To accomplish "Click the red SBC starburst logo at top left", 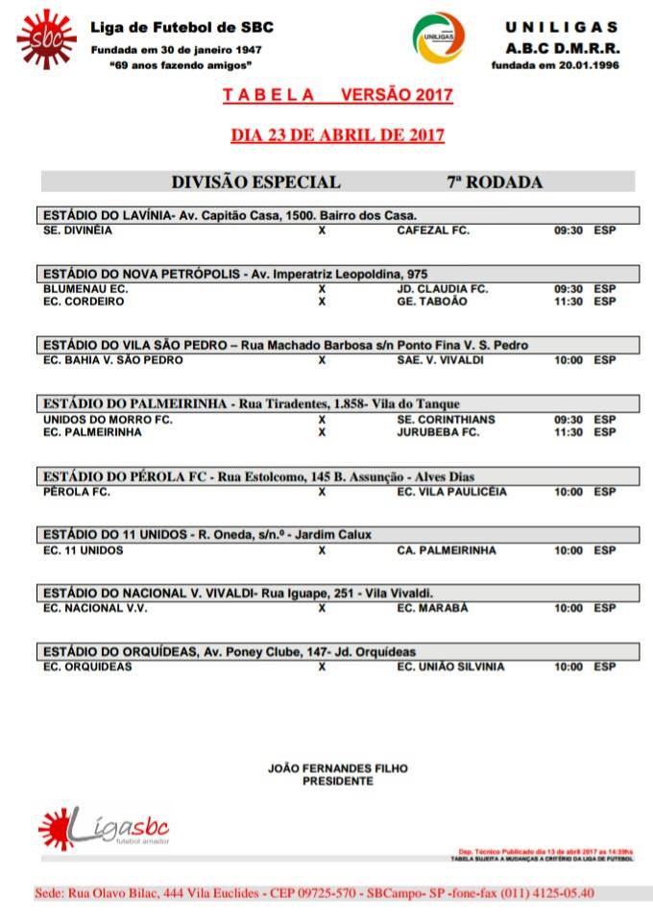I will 46,39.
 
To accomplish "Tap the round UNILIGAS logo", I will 439,38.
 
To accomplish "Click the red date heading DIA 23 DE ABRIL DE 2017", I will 337,134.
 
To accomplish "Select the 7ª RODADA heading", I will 495,182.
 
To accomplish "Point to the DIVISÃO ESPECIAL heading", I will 255,182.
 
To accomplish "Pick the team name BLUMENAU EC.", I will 86,288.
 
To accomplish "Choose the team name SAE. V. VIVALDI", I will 441,360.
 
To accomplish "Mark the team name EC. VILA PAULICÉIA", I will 451,492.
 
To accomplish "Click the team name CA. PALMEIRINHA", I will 447,550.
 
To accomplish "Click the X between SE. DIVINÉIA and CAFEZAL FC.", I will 322,231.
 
